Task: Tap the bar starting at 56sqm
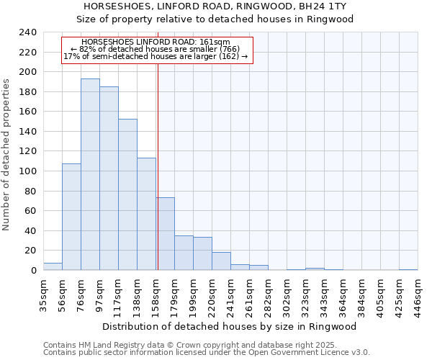[71, 217]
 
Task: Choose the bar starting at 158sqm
[165, 234]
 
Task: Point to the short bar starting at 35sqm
[53, 266]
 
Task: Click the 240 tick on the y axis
[28, 32]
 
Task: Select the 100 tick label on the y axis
[28, 171]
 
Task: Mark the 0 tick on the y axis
[34, 271]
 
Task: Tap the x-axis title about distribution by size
[230, 326]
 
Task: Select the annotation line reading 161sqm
[156, 42]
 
